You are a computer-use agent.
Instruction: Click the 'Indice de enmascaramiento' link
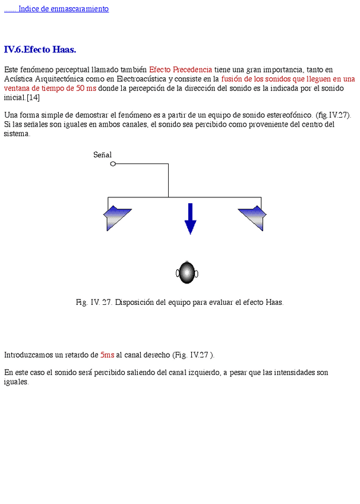coord(63,9)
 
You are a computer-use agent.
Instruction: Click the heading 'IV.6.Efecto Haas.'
coord(40,49)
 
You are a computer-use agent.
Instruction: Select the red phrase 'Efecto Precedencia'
coord(180,70)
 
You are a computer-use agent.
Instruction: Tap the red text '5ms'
coord(107,355)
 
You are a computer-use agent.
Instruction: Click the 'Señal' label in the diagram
coord(102,155)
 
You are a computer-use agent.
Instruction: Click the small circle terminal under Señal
coord(113,164)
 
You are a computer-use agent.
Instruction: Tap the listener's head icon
coord(187,273)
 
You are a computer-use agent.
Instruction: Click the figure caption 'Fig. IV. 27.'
coord(94,302)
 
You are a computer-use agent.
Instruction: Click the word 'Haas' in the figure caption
coord(273,302)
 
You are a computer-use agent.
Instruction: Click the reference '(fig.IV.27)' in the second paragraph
coord(333,115)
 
